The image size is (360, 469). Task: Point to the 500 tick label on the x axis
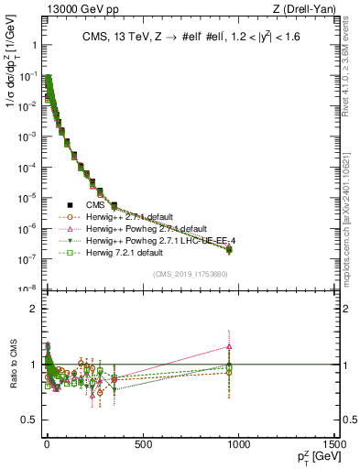pyautogui.click(x=142, y=444)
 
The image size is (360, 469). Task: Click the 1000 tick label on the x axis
pyautogui.click(x=239, y=444)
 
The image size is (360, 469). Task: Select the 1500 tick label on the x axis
pyautogui.click(x=333, y=444)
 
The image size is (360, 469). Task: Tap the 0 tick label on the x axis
pyautogui.click(x=46, y=444)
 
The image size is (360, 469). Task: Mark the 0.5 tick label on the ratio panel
pyautogui.click(x=30, y=420)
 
